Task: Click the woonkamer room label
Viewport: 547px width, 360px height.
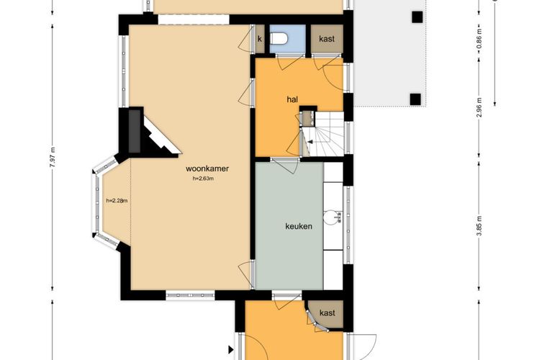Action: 207,168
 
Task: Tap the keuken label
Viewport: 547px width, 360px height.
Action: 299,226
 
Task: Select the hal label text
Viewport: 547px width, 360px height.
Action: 292,99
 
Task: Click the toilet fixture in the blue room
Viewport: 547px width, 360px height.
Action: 279,38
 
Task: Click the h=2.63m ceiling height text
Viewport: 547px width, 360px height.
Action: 203,179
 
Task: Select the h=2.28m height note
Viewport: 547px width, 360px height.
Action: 117,201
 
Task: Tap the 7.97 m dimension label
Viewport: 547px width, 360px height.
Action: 53,158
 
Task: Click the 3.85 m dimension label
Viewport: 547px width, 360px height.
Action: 479,226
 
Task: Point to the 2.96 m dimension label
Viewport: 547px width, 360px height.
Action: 479,107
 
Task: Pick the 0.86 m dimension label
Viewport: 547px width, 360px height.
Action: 479,38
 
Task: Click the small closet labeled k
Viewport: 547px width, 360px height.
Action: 260,39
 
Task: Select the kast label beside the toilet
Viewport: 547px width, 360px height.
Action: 327,39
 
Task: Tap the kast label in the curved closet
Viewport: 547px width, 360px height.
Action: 327,313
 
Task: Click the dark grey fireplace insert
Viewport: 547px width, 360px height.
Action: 135,131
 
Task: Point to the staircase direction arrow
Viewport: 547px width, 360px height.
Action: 310,142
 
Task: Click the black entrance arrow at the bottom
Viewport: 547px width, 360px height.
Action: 230,349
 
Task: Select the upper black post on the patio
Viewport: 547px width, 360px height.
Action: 417,17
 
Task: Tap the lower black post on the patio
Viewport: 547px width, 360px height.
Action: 415,99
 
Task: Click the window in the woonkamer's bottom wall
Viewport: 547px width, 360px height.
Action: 190,295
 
